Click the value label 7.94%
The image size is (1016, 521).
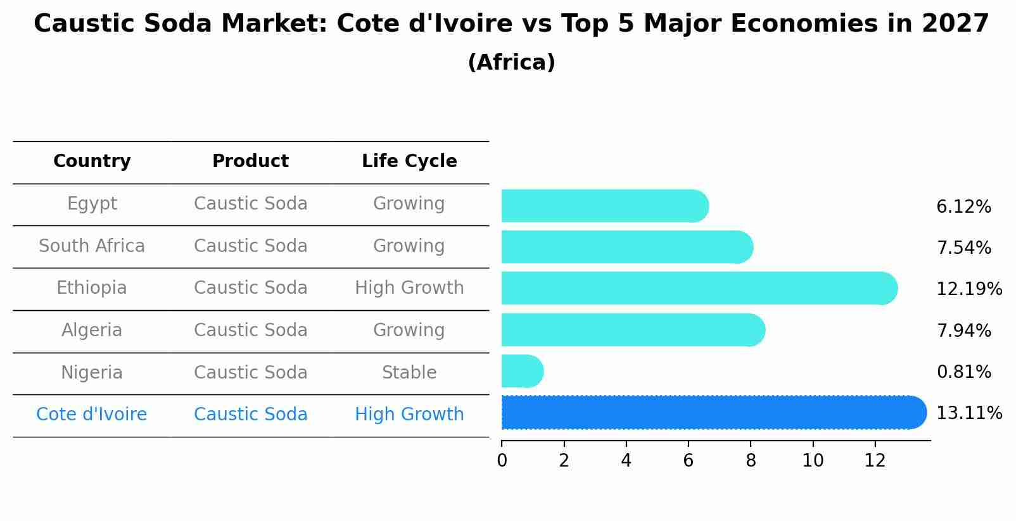[x=963, y=330]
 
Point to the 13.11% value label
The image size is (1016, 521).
[x=968, y=413]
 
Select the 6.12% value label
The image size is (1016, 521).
[x=963, y=207]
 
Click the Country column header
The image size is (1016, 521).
[x=92, y=161]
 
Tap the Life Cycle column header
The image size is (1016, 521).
[x=409, y=161]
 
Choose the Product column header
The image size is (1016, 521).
[x=250, y=161]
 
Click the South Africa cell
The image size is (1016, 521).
[x=92, y=246]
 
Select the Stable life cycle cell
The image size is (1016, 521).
[x=409, y=372]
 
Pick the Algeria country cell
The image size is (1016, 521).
[x=92, y=330]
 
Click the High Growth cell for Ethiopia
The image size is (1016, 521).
[x=409, y=288]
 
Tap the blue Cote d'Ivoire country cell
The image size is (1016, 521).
[x=92, y=415]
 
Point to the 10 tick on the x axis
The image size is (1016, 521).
[x=813, y=461]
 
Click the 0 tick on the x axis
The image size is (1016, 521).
[x=502, y=461]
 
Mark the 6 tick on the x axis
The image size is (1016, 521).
[x=689, y=461]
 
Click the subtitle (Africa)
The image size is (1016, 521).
[x=511, y=63]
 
